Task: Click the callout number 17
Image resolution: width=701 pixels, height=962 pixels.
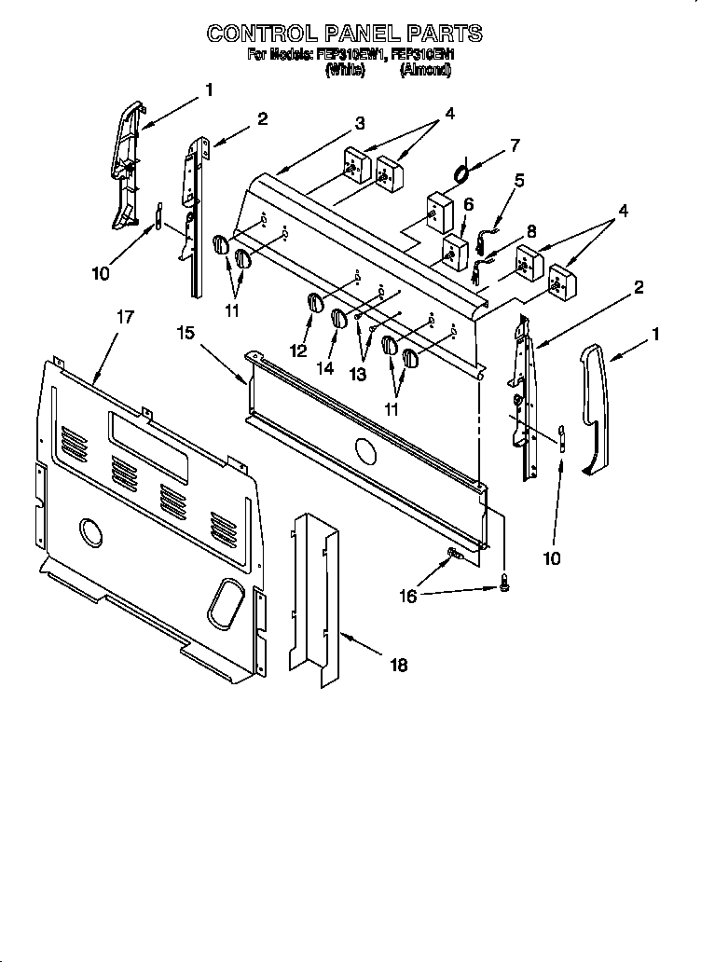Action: (x=124, y=317)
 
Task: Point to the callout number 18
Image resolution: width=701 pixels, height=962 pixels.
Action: (x=398, y=665)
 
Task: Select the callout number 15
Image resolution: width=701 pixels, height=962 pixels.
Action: (x=186, y=332)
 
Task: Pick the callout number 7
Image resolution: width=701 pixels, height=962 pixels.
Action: (x=513, y=144)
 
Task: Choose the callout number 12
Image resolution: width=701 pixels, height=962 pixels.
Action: (x=298, y=351)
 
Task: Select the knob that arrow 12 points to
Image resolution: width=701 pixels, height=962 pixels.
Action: (x=315, y=304)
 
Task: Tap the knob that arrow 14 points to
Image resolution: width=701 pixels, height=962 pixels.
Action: (x=339, y=319)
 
